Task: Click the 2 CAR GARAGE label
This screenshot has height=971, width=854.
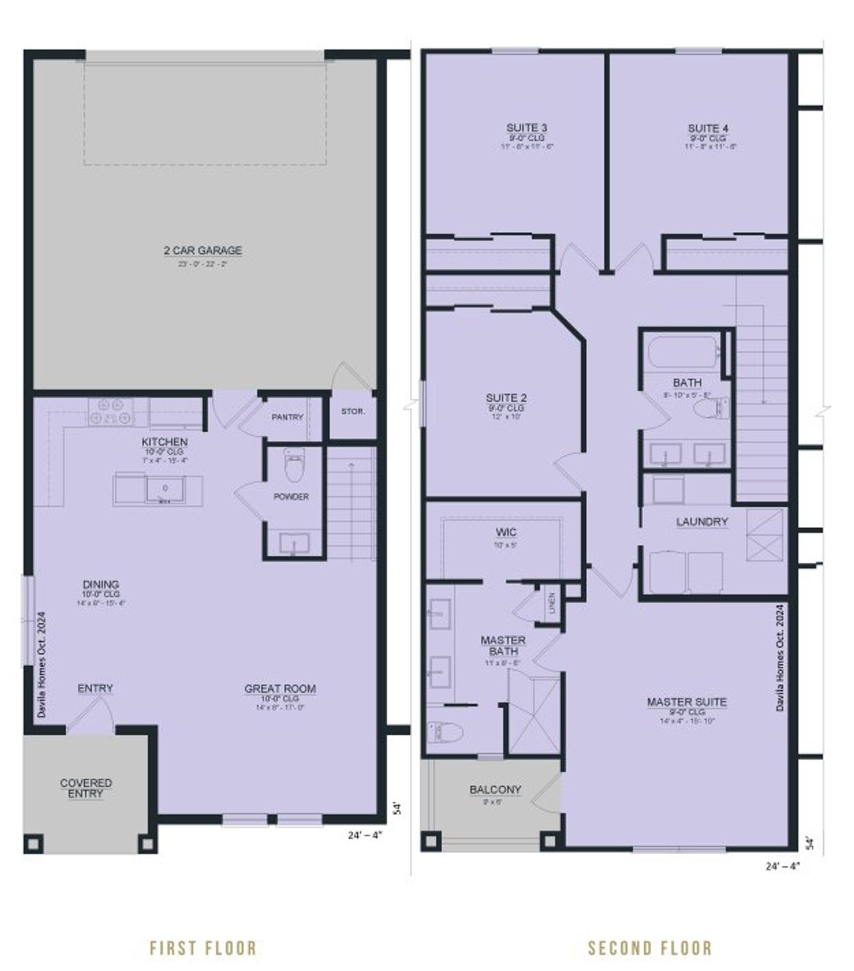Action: coord(203,251)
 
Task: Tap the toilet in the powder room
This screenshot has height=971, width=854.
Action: coord(293,467)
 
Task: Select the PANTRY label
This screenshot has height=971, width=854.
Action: coord(288,417)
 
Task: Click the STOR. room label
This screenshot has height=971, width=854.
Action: coord(353,411)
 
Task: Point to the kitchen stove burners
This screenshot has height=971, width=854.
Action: coord(110,411)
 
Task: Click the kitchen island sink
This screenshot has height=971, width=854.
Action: coord(165,489)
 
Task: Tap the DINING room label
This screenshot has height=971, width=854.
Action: coord(101,585)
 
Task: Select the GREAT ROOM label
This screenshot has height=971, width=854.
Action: coord(280,689)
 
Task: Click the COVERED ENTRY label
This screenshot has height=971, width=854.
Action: coord(86,788)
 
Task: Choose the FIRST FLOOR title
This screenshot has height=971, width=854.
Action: coord(203,948)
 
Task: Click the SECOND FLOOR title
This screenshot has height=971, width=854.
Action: coord(650,948)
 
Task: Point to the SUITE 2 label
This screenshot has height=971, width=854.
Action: coord(506,399)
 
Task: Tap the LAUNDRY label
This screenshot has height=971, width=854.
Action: coord(702,522)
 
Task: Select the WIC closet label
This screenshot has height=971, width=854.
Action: coord(506,532)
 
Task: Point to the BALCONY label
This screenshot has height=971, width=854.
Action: coord(495,790)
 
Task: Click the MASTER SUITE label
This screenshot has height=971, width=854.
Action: coord(687,702)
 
